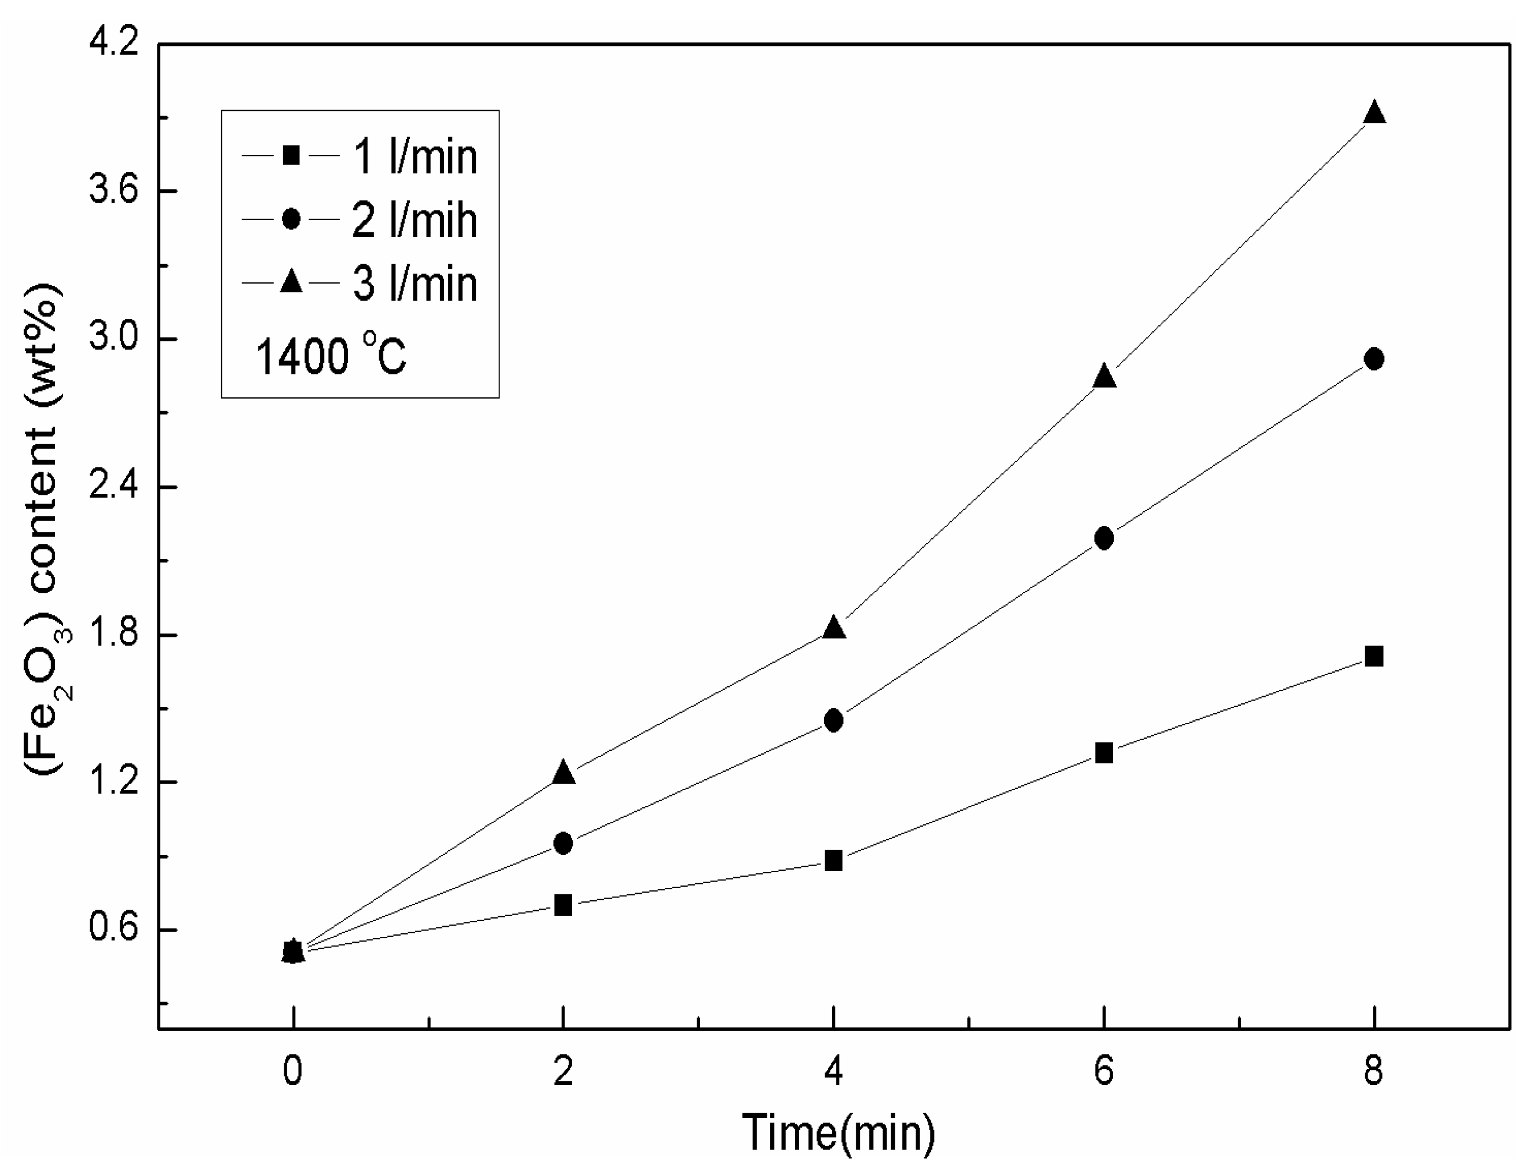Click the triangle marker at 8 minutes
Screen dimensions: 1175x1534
click(1374, 113)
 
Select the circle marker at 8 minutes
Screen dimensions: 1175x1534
click(1374, 359)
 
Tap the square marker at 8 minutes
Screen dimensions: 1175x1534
click(1374, 656)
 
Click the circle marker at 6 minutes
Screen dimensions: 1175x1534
click(1104, 538)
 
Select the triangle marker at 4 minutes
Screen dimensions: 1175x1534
click(834, 628)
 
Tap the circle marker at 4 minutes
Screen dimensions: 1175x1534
click(834, 720)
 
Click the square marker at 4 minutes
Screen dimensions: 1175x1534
click(834, 860)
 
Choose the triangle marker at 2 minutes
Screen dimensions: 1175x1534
click(564, 773)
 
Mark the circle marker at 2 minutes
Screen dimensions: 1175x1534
click(564, 843)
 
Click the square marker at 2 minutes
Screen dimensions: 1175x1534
click(564, 906)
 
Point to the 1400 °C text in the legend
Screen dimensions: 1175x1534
click(331, 356)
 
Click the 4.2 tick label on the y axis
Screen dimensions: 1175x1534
click(113, 44)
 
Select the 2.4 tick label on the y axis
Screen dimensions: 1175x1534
click(113, 487)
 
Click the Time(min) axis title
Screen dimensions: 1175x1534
click(837, 1133)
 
